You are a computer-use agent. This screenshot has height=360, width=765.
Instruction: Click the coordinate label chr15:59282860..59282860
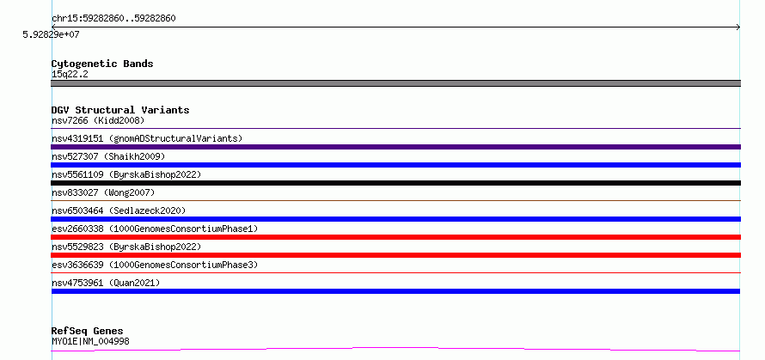(113, 19)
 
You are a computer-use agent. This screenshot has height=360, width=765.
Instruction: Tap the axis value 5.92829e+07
(52, 34)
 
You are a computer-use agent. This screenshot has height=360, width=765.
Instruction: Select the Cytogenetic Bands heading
(102, 64)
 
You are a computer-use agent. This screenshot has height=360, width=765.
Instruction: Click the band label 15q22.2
(70, 75)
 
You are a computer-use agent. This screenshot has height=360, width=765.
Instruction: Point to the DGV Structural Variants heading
(120, 110)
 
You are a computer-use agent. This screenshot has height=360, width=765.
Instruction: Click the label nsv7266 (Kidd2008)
(98, 120)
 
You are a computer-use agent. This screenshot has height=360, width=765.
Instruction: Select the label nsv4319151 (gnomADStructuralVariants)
(147, 138)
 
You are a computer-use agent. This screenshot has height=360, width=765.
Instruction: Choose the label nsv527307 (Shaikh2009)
(108, 156)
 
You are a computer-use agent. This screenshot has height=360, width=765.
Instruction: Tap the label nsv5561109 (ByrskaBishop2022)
(126, 174)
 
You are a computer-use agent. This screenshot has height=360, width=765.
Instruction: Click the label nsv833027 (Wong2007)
(103, 192)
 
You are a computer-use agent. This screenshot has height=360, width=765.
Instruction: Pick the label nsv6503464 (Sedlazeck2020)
(119, 211)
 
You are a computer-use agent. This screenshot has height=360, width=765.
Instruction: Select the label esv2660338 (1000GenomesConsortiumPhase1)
(155, 229)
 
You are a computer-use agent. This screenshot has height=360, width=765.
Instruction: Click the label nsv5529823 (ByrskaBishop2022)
(126, 247)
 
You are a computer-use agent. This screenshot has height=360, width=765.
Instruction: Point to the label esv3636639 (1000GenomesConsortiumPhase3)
(155, 265)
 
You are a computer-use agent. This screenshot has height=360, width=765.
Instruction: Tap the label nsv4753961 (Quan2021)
(106, 283)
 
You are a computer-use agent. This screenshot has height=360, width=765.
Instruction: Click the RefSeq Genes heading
(88, 332)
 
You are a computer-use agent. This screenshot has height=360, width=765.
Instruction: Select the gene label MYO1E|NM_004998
(91, 341)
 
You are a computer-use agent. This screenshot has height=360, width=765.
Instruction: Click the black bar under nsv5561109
(395, 183)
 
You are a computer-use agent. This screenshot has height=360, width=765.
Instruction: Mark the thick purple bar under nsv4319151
(395, 147)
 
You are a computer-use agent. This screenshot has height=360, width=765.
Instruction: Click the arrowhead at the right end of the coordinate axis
(738, 27)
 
